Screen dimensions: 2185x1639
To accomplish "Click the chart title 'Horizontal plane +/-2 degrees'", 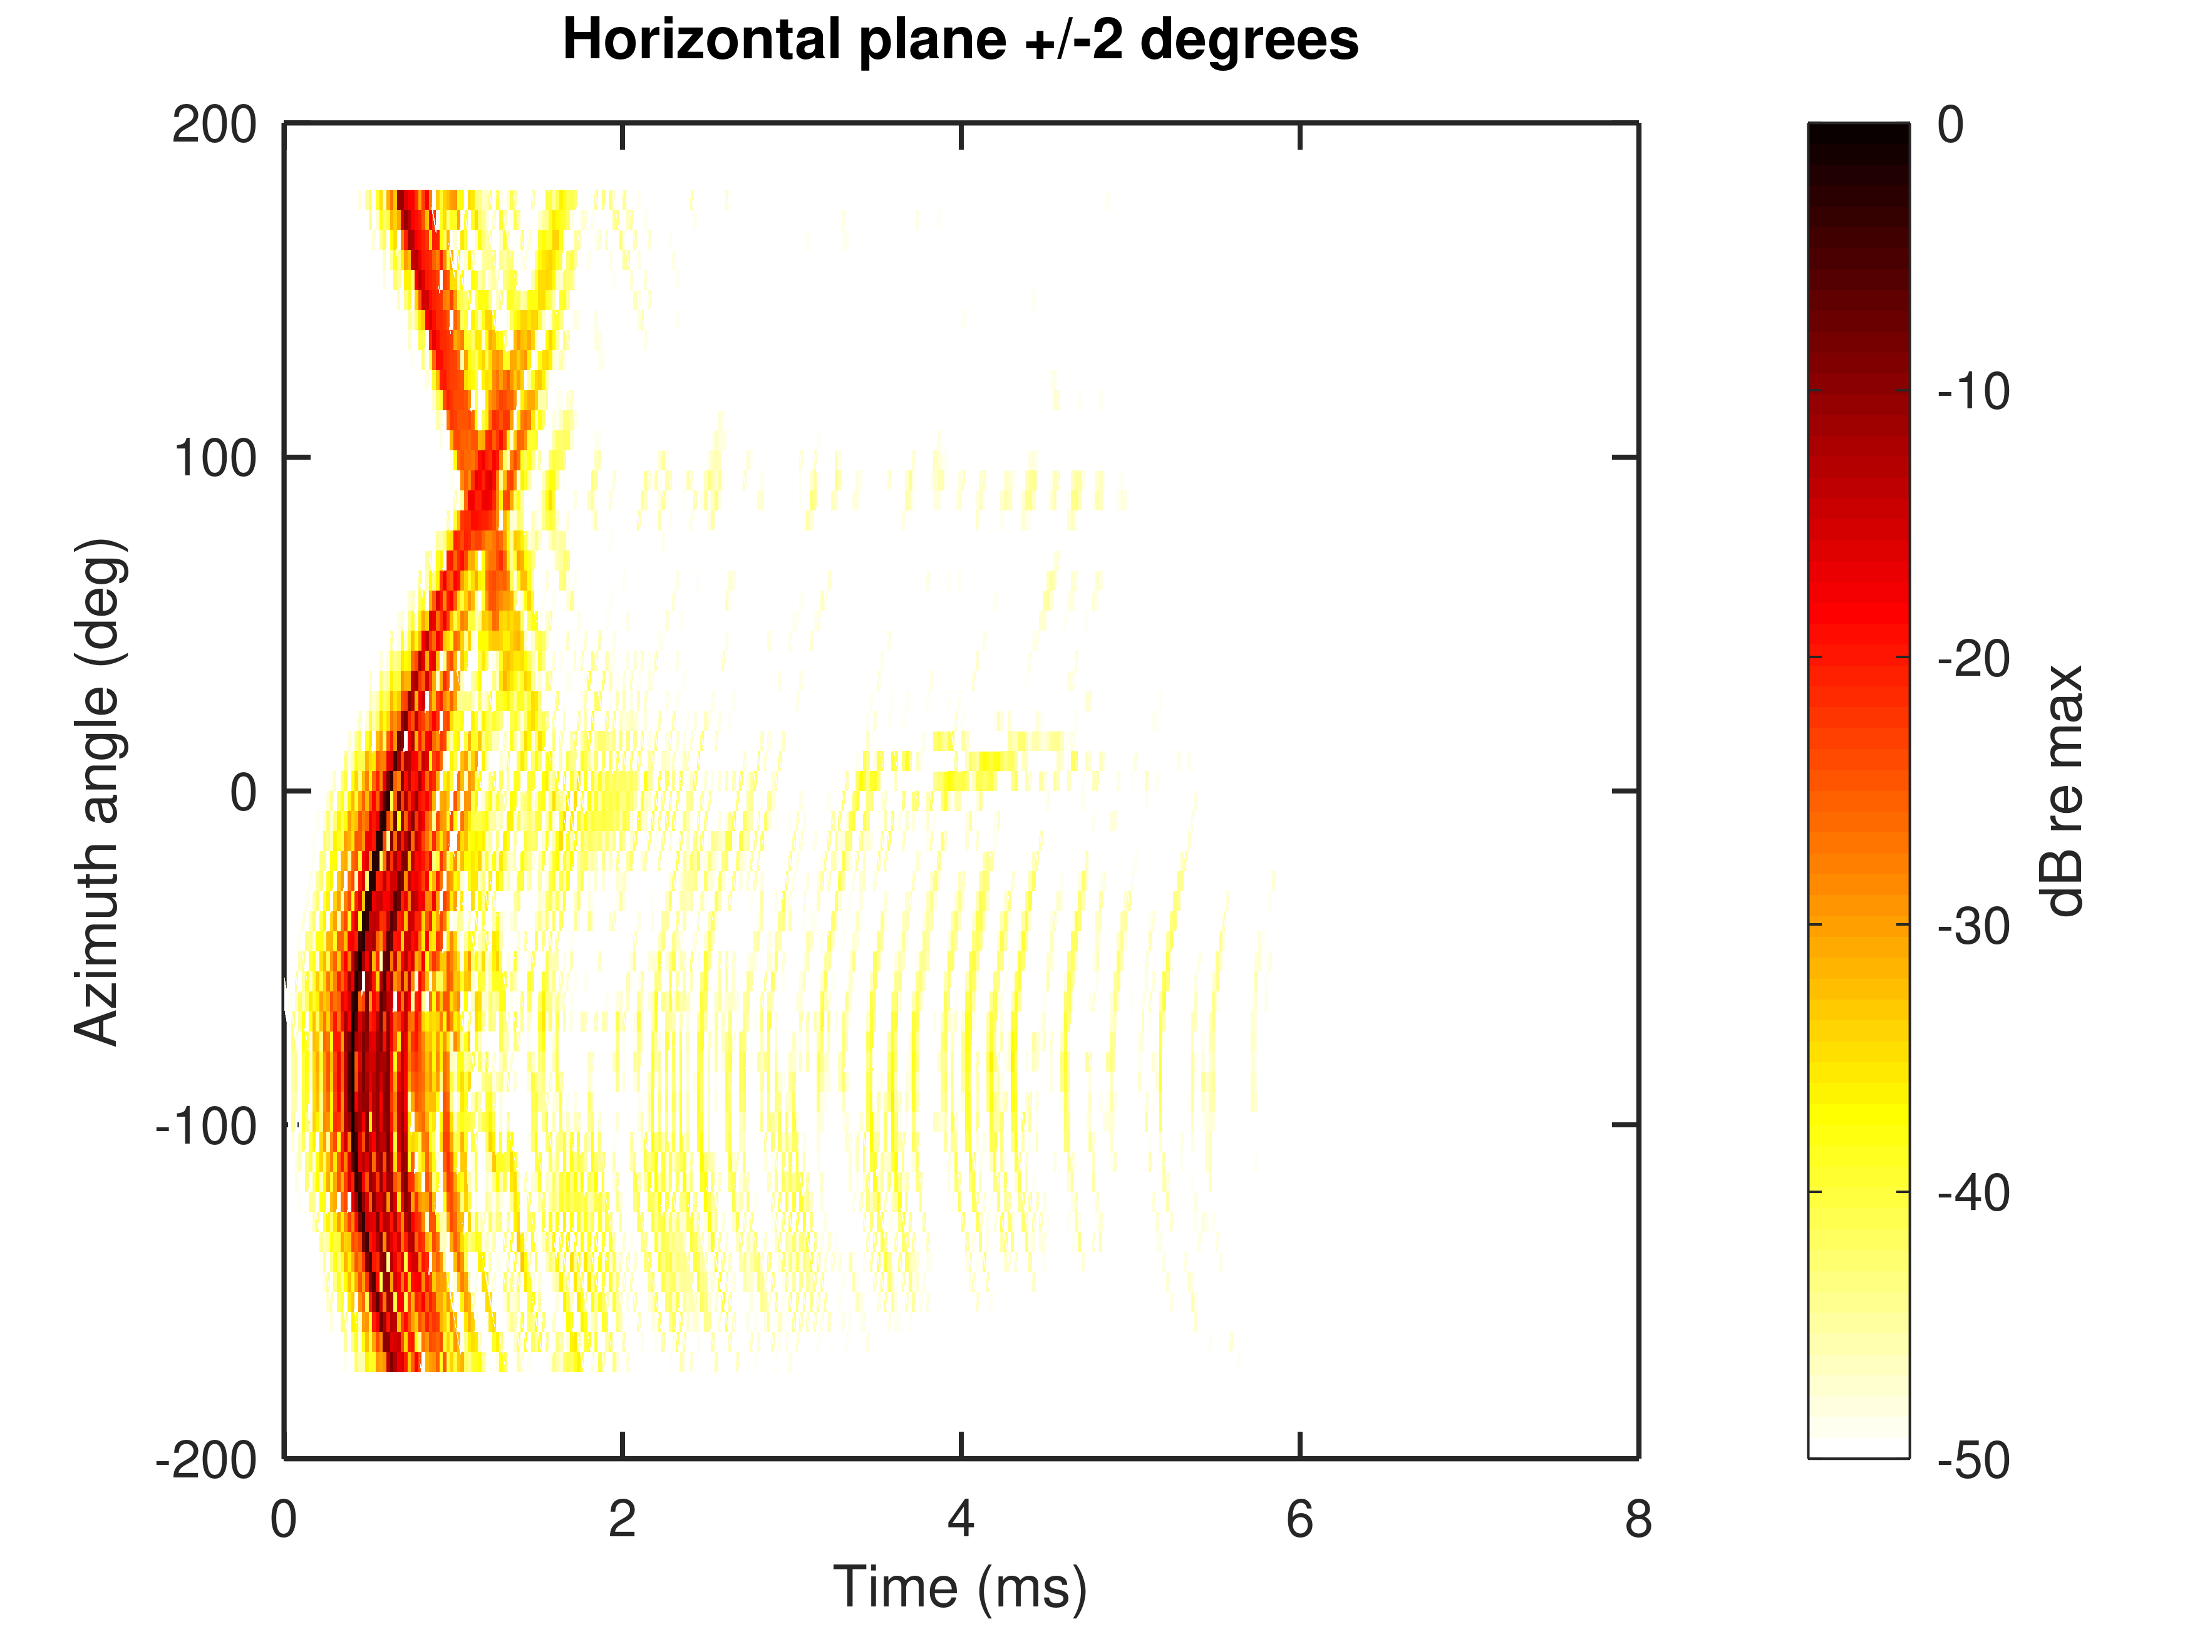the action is pyautogui.click(x=960, y=41).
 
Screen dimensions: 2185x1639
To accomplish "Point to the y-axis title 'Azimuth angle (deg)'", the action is pyautogui.click(x=99, y=792).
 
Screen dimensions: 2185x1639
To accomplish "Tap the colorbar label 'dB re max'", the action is pyautogui.click(x=2064, y=792).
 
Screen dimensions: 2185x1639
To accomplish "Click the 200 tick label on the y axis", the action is pyautogui.click(x=214, y=125).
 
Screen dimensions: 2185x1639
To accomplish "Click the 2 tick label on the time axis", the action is pyautogui.click(x=622, y=1519).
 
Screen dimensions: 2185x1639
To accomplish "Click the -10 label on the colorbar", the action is pyautogui.click(x=1973, y=392).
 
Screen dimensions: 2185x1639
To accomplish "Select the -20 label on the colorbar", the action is pyautogui.click(x=1973, y=659).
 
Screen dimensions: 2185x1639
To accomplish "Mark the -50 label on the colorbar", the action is pyautogui.click(x=1973, y=1460).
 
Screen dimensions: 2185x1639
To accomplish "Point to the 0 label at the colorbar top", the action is pyautogui.click(x=1951, y=125).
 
